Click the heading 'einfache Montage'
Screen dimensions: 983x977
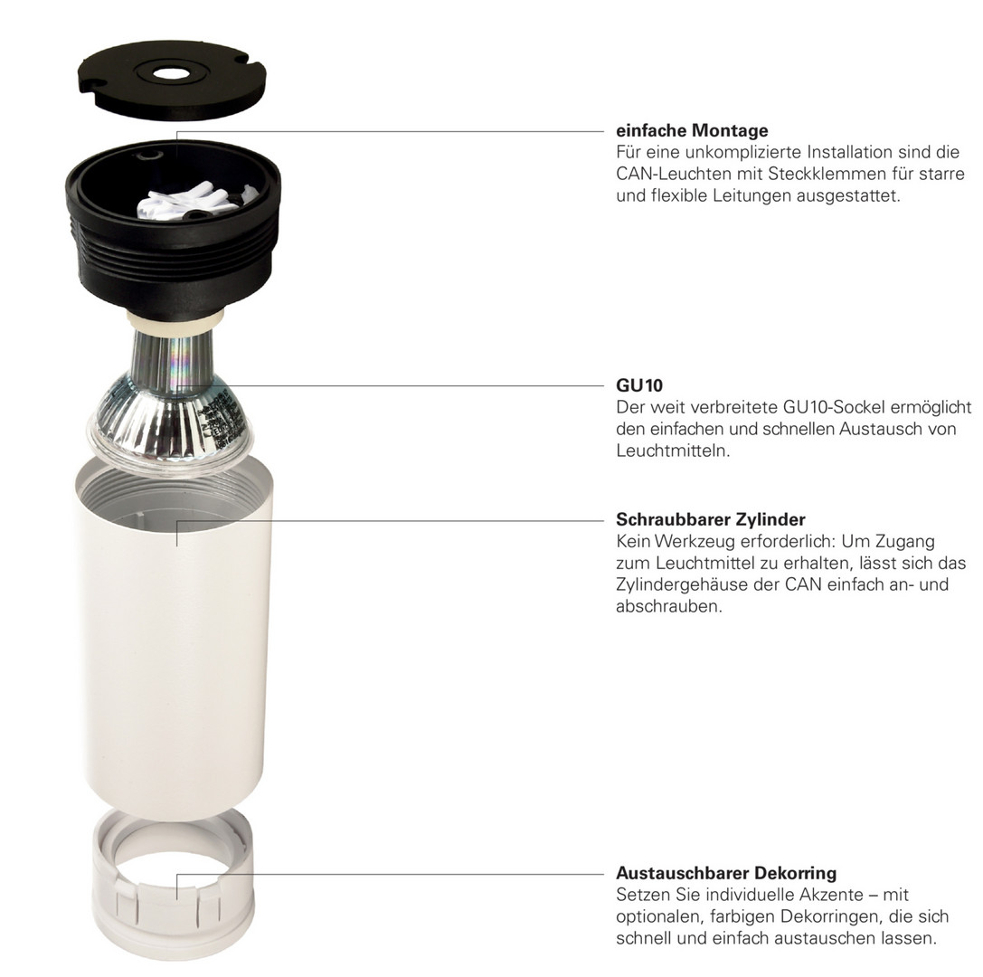click(692, 130)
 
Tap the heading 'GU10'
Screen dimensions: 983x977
click(638, 385)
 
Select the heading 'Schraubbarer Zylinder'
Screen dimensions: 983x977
click(710, 519)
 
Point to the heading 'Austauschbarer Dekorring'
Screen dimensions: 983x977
click(726, 873)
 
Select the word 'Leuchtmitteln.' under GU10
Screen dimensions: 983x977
click(673, 451)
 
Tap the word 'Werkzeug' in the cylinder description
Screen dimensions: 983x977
click(695, 541)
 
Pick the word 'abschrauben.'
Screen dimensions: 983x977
click(669, 606)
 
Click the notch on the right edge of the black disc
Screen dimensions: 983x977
click(255, 64)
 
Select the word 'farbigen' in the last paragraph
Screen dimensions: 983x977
click(741, 916)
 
